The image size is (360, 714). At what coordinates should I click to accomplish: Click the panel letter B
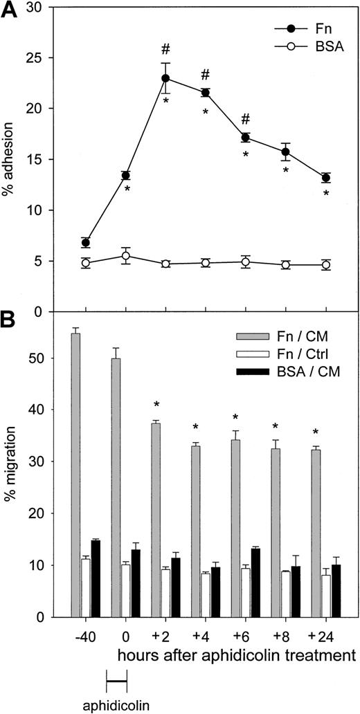(x=8, y=322)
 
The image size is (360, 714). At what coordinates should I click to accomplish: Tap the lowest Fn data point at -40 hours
(x=86, y=242)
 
